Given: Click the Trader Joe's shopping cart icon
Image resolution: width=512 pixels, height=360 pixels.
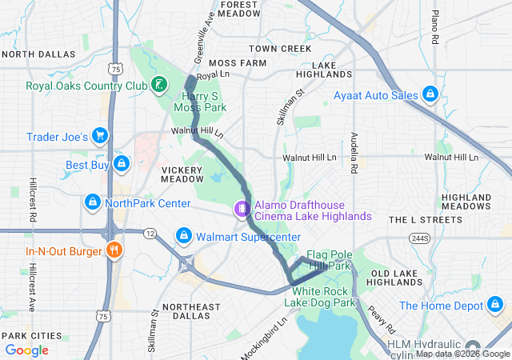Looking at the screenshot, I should pyautogui.click(x=100, y=137).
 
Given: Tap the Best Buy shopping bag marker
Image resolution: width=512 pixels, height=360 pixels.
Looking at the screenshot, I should pyautogui.click(x=122, y=166).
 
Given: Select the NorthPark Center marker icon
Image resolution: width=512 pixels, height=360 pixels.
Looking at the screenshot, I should pyautogui.click(x=93, y=202).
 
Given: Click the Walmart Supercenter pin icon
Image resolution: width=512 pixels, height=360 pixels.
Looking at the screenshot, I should pyautogui.click(x=184, y=237).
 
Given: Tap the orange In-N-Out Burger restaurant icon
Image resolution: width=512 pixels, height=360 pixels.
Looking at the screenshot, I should pyautogui.click(x=114, y=251).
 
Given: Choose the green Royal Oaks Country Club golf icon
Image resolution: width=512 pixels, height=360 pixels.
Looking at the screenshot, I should pyautogui.click(x=160, y=85).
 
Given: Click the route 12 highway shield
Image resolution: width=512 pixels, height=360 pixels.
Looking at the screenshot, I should pyautogui.click(x=150, y=232).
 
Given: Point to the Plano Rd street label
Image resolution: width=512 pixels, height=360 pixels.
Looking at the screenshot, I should pyautogui.click(x=435, y=27).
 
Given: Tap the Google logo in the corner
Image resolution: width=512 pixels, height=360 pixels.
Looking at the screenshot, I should pyautogui.click(x=27, y=350).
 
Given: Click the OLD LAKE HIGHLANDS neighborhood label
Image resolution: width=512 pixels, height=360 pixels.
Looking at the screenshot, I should pyautogui.click(x=398, y=278).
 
